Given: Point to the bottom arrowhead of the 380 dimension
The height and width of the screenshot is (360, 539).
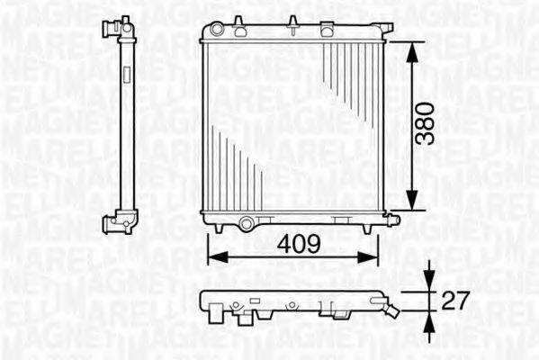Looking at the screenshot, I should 411,205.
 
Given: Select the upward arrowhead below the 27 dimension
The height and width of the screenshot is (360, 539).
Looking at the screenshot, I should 430,319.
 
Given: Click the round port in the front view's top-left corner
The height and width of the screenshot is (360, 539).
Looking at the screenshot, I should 217,30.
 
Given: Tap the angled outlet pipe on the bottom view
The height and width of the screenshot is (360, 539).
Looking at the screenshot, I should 391,310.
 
